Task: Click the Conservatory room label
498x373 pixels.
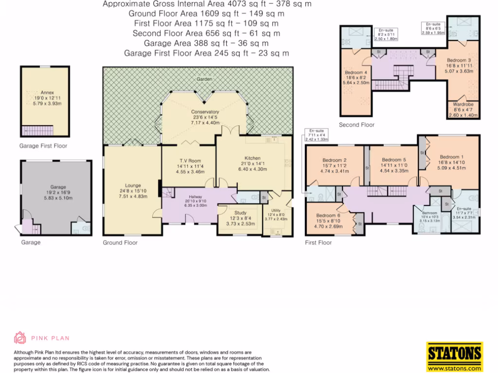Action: coord(205,112)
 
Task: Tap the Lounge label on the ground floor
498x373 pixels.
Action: coord(133,186)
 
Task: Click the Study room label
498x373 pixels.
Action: coord(240,213)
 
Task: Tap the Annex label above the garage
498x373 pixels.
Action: coord(47,92)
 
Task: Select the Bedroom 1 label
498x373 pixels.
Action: coord(449,157)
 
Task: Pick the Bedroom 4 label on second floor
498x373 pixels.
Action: coord(356,72)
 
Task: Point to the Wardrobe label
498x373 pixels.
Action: coord(463,104)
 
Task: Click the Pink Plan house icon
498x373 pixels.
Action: coord(19,338)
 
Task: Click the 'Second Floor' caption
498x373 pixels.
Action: coord(356,125)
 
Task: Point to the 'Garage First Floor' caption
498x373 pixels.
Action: coord(43,146)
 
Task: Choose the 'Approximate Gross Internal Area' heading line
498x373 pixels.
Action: coord(207,4)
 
